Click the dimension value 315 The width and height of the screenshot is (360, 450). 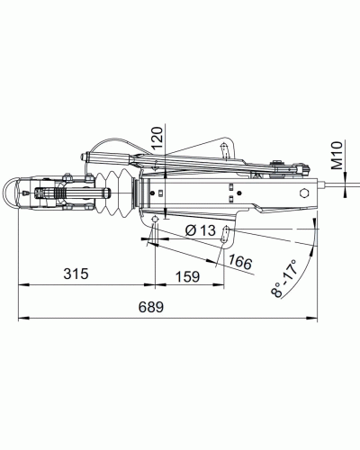point(76,274)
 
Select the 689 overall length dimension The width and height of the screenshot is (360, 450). point(150,307)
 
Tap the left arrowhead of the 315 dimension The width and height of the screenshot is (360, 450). point(22,284)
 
